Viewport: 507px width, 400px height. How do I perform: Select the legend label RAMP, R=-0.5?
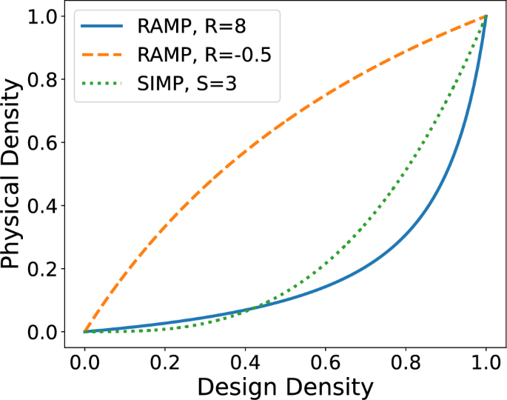208,57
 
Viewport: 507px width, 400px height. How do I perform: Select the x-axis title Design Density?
285,385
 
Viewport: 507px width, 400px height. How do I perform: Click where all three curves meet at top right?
486,16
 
